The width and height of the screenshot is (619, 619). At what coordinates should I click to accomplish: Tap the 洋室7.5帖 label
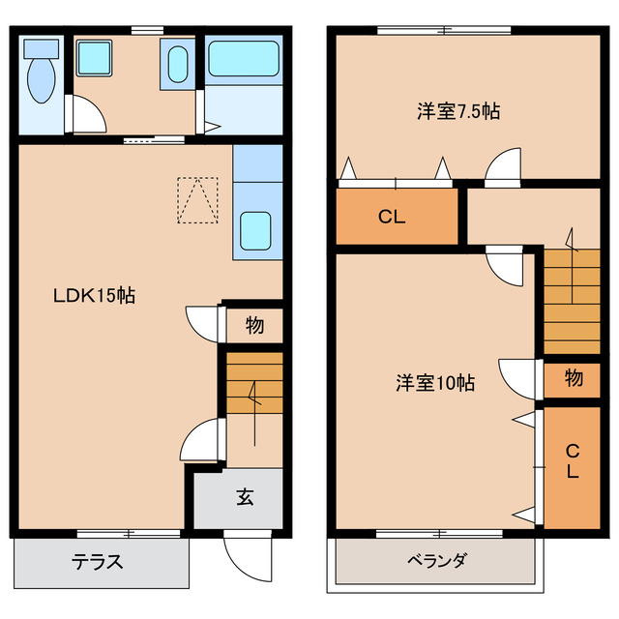[x=458, y=111]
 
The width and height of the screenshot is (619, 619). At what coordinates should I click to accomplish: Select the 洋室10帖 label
[x=434, y=383]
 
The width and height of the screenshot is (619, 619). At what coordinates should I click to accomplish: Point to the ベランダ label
[x=436, y=561]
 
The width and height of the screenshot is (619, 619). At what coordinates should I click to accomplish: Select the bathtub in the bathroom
[x=244, y=61]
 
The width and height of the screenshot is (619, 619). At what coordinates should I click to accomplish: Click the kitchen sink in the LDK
[x=256, y=230]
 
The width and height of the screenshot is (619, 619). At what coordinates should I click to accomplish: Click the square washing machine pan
[x=95, y=60]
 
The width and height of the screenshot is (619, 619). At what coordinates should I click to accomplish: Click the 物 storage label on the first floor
[x=254, y=326]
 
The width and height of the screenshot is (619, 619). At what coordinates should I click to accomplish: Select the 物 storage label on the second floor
[x=574, y=378]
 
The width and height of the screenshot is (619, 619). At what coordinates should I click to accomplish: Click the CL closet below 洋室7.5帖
[x=392, y=217]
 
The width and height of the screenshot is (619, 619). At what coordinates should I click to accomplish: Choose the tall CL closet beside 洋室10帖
[x=573, y=462]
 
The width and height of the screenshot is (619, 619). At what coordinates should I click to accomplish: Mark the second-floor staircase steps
[x=572, y=300]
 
